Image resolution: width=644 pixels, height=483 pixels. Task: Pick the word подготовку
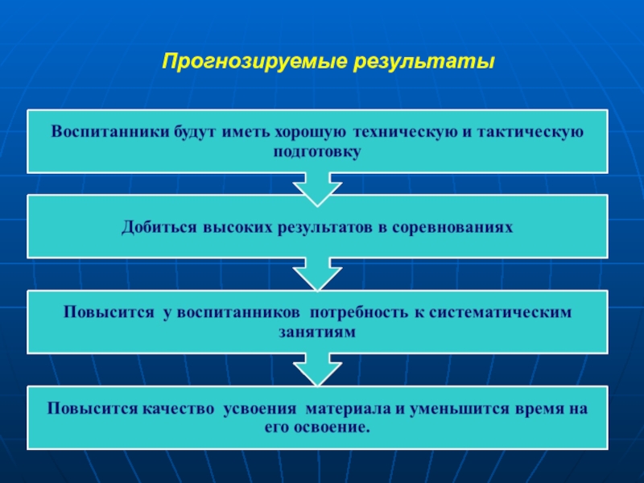(317, 151)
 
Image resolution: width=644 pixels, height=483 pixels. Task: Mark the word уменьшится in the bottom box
(455, 408)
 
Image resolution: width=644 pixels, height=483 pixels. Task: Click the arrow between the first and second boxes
(317, 190)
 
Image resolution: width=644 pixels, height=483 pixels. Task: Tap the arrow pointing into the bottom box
(317, 372)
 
